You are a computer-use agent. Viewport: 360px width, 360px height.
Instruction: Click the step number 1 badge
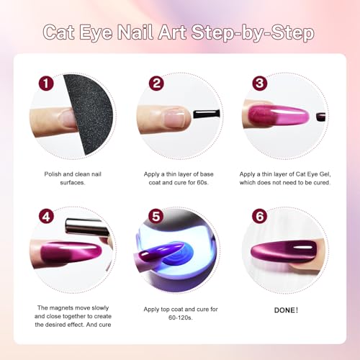point(48,84)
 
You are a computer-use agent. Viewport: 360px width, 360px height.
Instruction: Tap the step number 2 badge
point(157,84)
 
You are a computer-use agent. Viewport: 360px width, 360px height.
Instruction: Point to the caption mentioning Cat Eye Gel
point(284,178)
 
